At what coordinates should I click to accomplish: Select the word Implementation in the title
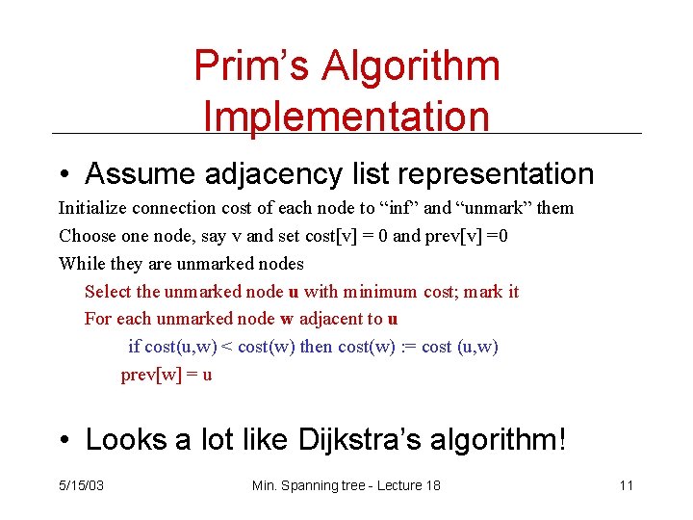(x=346, y=117)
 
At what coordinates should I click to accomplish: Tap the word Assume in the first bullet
(x=140, y=173)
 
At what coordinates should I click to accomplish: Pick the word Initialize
(x=93, y=208)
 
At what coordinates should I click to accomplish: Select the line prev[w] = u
(x=166, y=375)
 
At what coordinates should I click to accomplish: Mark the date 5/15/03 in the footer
(x=81, y=485)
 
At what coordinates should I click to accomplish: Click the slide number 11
(x=626, y=485)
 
